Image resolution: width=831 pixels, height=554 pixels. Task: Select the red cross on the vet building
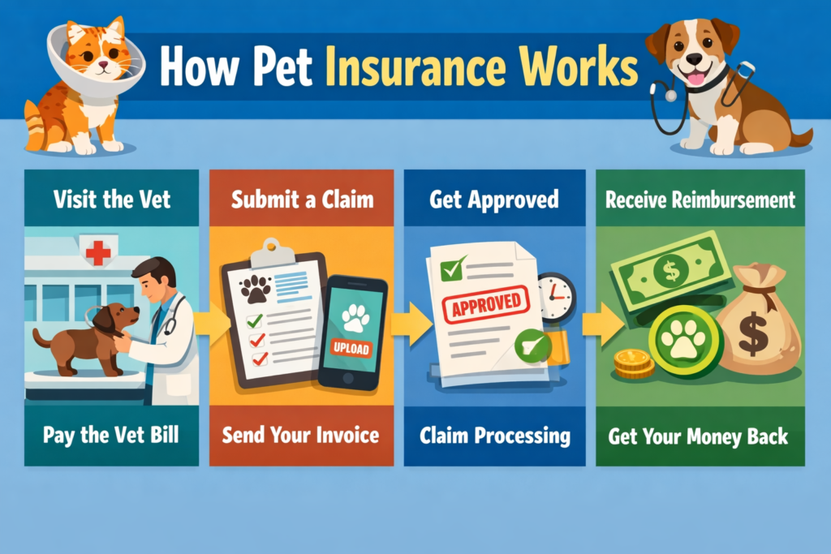click(x=97, y=252)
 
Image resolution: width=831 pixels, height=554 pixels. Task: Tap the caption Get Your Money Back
click(x=698, y=436)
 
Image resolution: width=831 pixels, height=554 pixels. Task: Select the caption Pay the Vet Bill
click(x=111, y=435)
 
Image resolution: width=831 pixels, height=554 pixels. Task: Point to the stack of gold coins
click(x=634, y=364)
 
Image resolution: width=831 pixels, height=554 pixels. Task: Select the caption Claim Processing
click(x=495, y=436)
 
